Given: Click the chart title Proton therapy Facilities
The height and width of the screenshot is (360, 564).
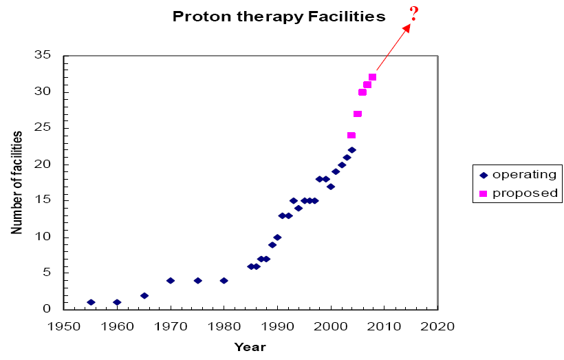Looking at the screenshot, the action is tap(279, 17).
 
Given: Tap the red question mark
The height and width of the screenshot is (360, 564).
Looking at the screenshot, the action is tap(414, 14).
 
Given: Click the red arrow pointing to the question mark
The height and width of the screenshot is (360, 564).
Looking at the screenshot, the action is tap(393, 47).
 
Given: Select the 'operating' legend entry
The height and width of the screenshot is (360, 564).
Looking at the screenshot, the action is tap(518, 175).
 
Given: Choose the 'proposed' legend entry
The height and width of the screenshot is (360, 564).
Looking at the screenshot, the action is tap(518, 193).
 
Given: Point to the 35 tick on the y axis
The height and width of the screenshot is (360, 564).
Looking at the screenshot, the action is tap(43, 55).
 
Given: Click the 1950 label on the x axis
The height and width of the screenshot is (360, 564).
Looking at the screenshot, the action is tap(64, 326).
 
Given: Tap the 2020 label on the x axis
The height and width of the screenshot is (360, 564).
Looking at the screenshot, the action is tap(437, 326).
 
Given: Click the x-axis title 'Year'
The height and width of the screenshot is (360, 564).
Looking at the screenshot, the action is tap(250, 347).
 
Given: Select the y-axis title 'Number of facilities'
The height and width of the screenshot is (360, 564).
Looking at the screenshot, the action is tap(17, 182).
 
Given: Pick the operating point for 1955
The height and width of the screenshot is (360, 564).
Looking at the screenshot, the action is tap(91, 302).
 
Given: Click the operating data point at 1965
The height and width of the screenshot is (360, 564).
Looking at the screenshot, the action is tap(144, 295).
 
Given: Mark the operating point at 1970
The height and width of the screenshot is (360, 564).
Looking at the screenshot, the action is tap(171, 280).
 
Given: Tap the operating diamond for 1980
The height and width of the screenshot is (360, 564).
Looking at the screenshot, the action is tap(224, 280).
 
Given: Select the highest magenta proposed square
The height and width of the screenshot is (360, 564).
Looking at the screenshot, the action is tap(372, 77).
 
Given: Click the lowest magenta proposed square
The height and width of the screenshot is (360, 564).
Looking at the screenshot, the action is tap(351, 136).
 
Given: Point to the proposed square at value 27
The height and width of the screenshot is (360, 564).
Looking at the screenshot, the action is tap(358, 114).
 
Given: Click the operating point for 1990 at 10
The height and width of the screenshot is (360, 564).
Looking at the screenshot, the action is tap(277, 237).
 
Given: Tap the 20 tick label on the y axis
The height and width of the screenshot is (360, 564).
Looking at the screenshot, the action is tap(43, 165).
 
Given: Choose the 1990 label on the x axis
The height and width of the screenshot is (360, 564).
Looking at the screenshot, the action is tap(277, 326).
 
